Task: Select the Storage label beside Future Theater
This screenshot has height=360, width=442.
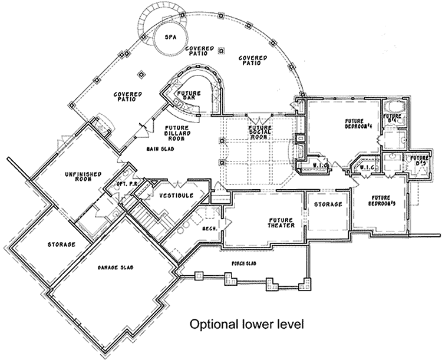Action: click(x=328, y=204)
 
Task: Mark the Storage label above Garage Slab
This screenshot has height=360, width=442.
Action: click(x=61, y=243)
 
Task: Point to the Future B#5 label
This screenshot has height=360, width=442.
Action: click(x=420, y=160)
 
